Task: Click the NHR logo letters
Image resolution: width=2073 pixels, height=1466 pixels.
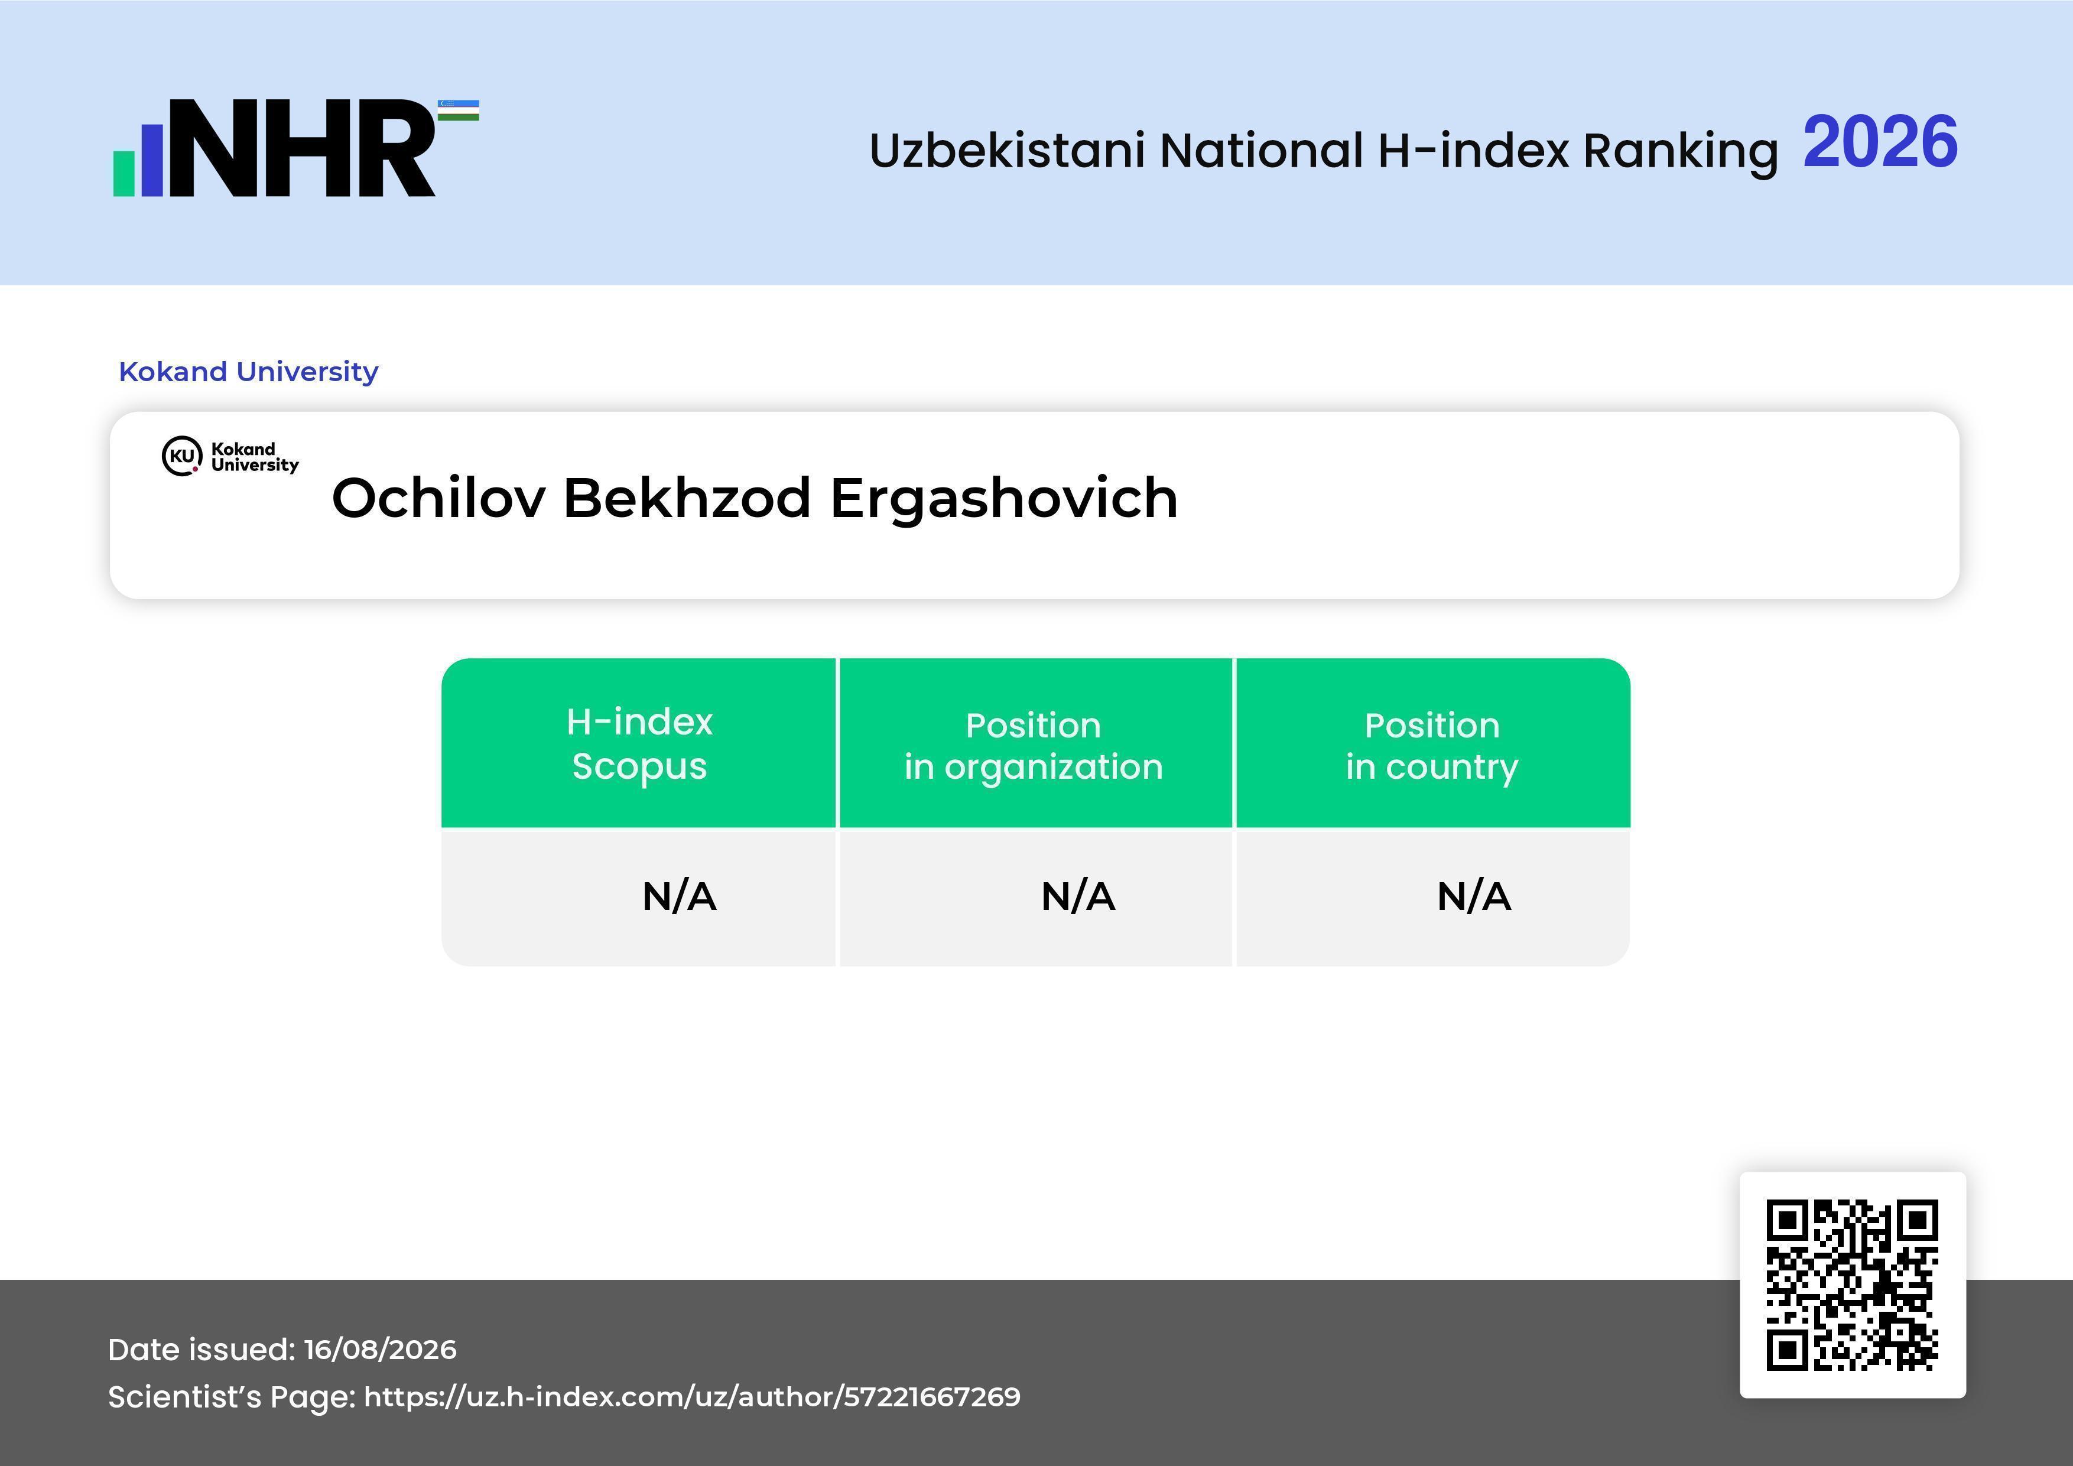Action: point(303,148)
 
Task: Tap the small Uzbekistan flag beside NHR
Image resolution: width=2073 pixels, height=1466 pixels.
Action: point(459,110)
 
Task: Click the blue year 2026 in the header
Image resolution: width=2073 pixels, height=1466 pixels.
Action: point(1881,142)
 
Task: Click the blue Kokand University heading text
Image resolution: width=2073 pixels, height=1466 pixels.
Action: point(248,371)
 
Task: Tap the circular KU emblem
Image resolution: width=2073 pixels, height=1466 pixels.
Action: point(181,456)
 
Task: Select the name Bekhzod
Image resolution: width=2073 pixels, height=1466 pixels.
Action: point(687,498)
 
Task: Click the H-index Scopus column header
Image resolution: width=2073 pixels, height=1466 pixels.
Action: point(639,744)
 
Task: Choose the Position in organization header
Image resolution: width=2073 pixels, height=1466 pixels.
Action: point(1034,746)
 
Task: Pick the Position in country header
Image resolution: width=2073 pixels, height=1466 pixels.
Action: point(1432,746)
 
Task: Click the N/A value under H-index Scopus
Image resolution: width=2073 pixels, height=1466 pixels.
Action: point(679,896)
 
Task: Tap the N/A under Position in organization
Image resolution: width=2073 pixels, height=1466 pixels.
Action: point(1078,896)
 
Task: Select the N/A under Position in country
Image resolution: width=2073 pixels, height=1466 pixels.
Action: point(1473,896)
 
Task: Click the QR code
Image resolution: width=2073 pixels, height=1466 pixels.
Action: point(1853,1285)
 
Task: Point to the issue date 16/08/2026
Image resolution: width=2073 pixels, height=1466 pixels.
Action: point(380,1350)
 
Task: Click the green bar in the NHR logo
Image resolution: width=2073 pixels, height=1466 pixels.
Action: point(124,173)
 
